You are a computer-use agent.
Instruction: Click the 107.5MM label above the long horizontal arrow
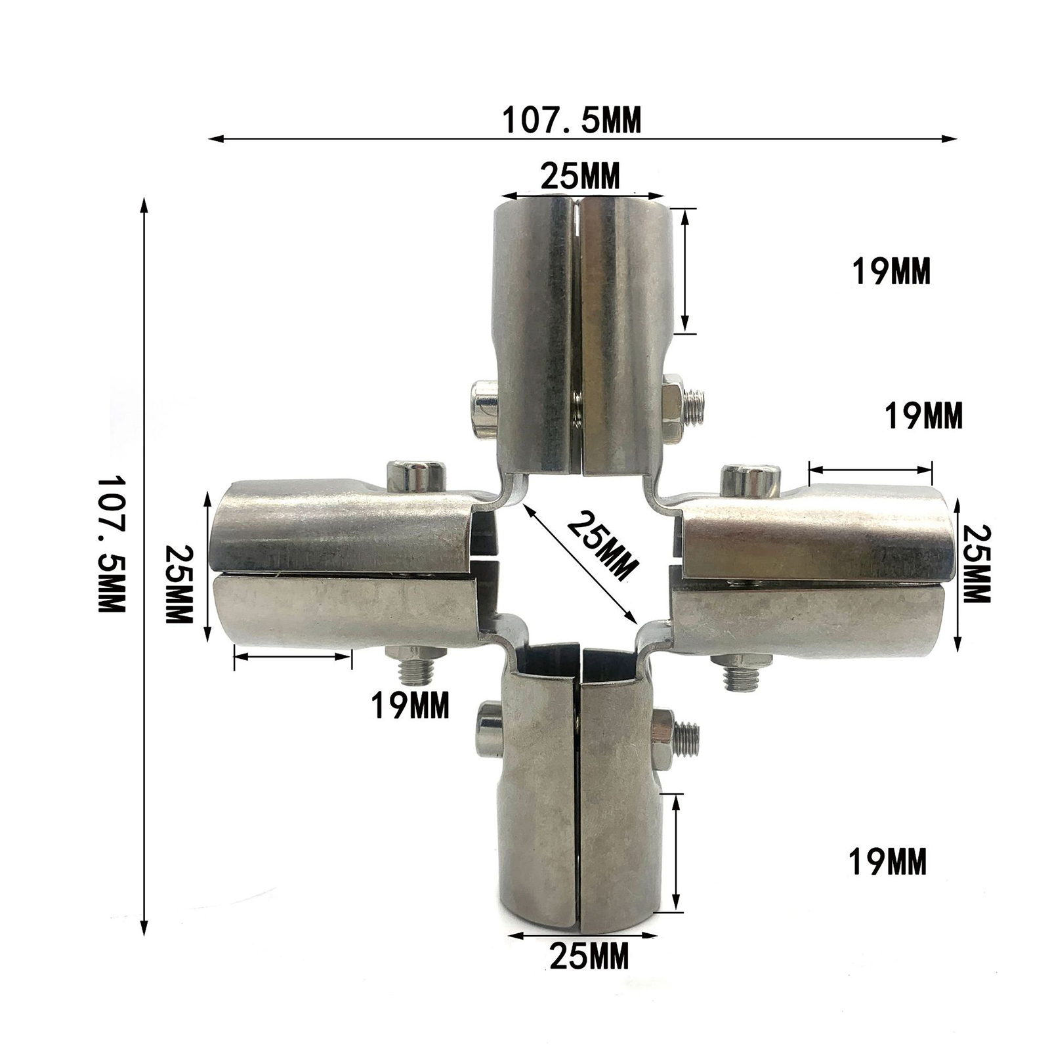(571, 121)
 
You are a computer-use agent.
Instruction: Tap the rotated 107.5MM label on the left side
(111, 544)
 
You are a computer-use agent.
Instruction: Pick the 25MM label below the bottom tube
(589, 955)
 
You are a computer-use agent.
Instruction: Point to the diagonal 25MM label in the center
(602, 546)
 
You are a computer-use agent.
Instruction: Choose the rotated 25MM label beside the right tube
(976, 564)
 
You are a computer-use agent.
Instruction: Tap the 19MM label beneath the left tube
(410, 706)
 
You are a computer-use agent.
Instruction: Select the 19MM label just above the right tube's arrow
(924, 415)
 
